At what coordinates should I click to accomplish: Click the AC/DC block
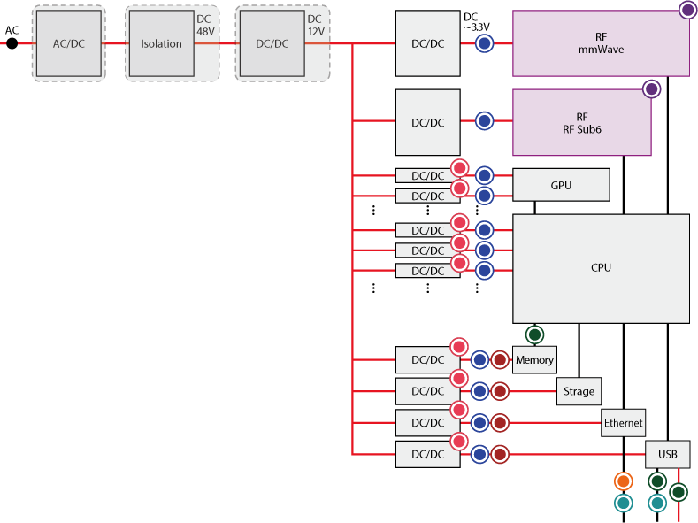click(x=68, y=43)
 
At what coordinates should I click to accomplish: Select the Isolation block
click(x=161, y=43)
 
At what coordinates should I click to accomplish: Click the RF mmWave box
click(x=601, y=43)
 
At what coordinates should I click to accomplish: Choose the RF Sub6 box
click(x=581, y=122)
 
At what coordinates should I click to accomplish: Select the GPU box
click(x=561, y=185)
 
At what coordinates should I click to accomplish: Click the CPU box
click(x=601, y=268)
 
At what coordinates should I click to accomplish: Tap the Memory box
click(x=534, y=360)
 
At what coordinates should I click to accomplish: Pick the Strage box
click(x=579, y=391)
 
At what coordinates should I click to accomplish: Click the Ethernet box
click(x=623, y=423)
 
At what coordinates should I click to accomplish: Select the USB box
click(x=667, y=455)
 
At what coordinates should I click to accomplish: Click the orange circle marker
click(x=624, y=481)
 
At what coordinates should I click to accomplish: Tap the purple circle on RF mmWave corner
click(x=687, y=10)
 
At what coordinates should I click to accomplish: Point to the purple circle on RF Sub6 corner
click(x=651, y=88)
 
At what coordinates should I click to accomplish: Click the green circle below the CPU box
click(x=534, y=335)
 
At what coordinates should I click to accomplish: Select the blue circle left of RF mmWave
click(x=484, y=43)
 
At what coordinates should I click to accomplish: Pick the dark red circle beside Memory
click(x=499, y=360)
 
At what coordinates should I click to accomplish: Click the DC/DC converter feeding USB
click(x=427, y=455)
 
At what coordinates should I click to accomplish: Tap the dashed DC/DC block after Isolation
click(x=272, y=43)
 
